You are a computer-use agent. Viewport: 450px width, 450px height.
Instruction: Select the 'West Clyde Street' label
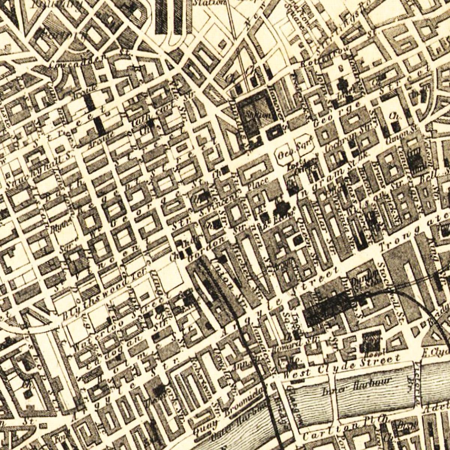tap(341, 365)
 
